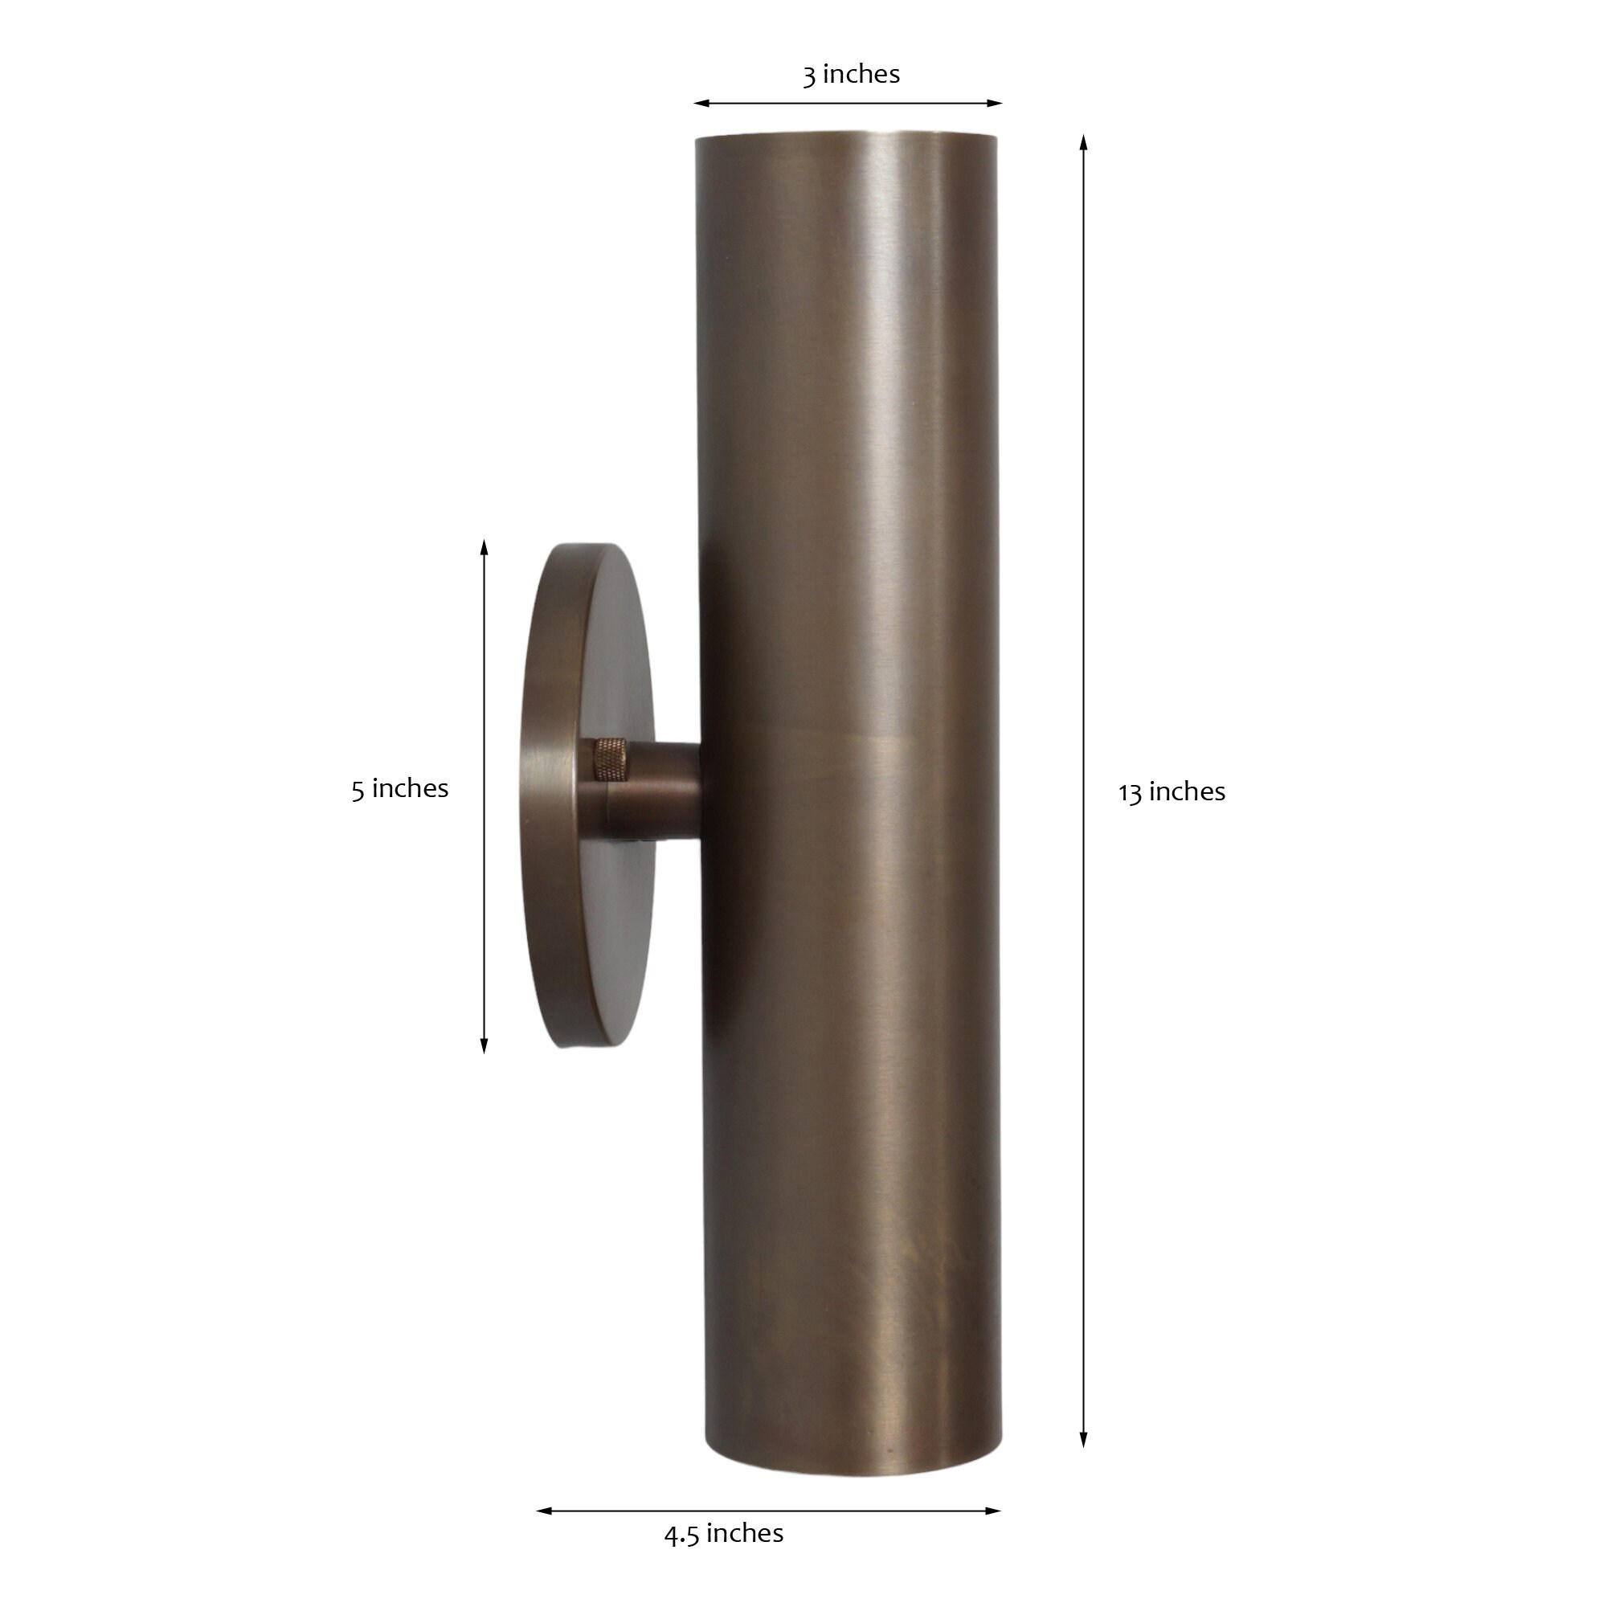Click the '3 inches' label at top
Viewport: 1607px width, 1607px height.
point(851,74)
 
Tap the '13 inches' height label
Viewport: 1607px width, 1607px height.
point(1172,792)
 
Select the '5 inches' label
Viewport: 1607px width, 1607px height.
point(399,788)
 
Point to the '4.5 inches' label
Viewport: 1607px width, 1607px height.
point(724,1533)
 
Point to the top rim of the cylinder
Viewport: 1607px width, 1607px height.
point(846,135)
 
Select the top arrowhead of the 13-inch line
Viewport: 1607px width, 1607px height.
point(1083,142)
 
